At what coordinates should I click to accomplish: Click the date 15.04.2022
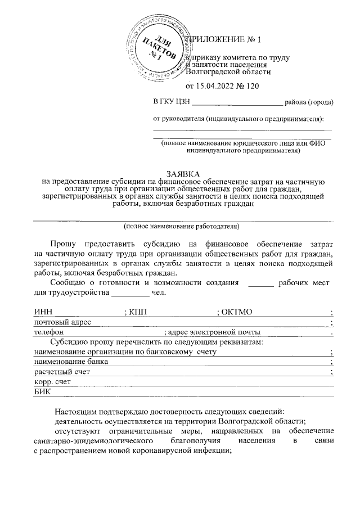[x=213, y=85]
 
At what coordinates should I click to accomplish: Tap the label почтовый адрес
[x=62, y=322]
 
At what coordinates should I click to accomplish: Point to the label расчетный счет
[x=61, y=372]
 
